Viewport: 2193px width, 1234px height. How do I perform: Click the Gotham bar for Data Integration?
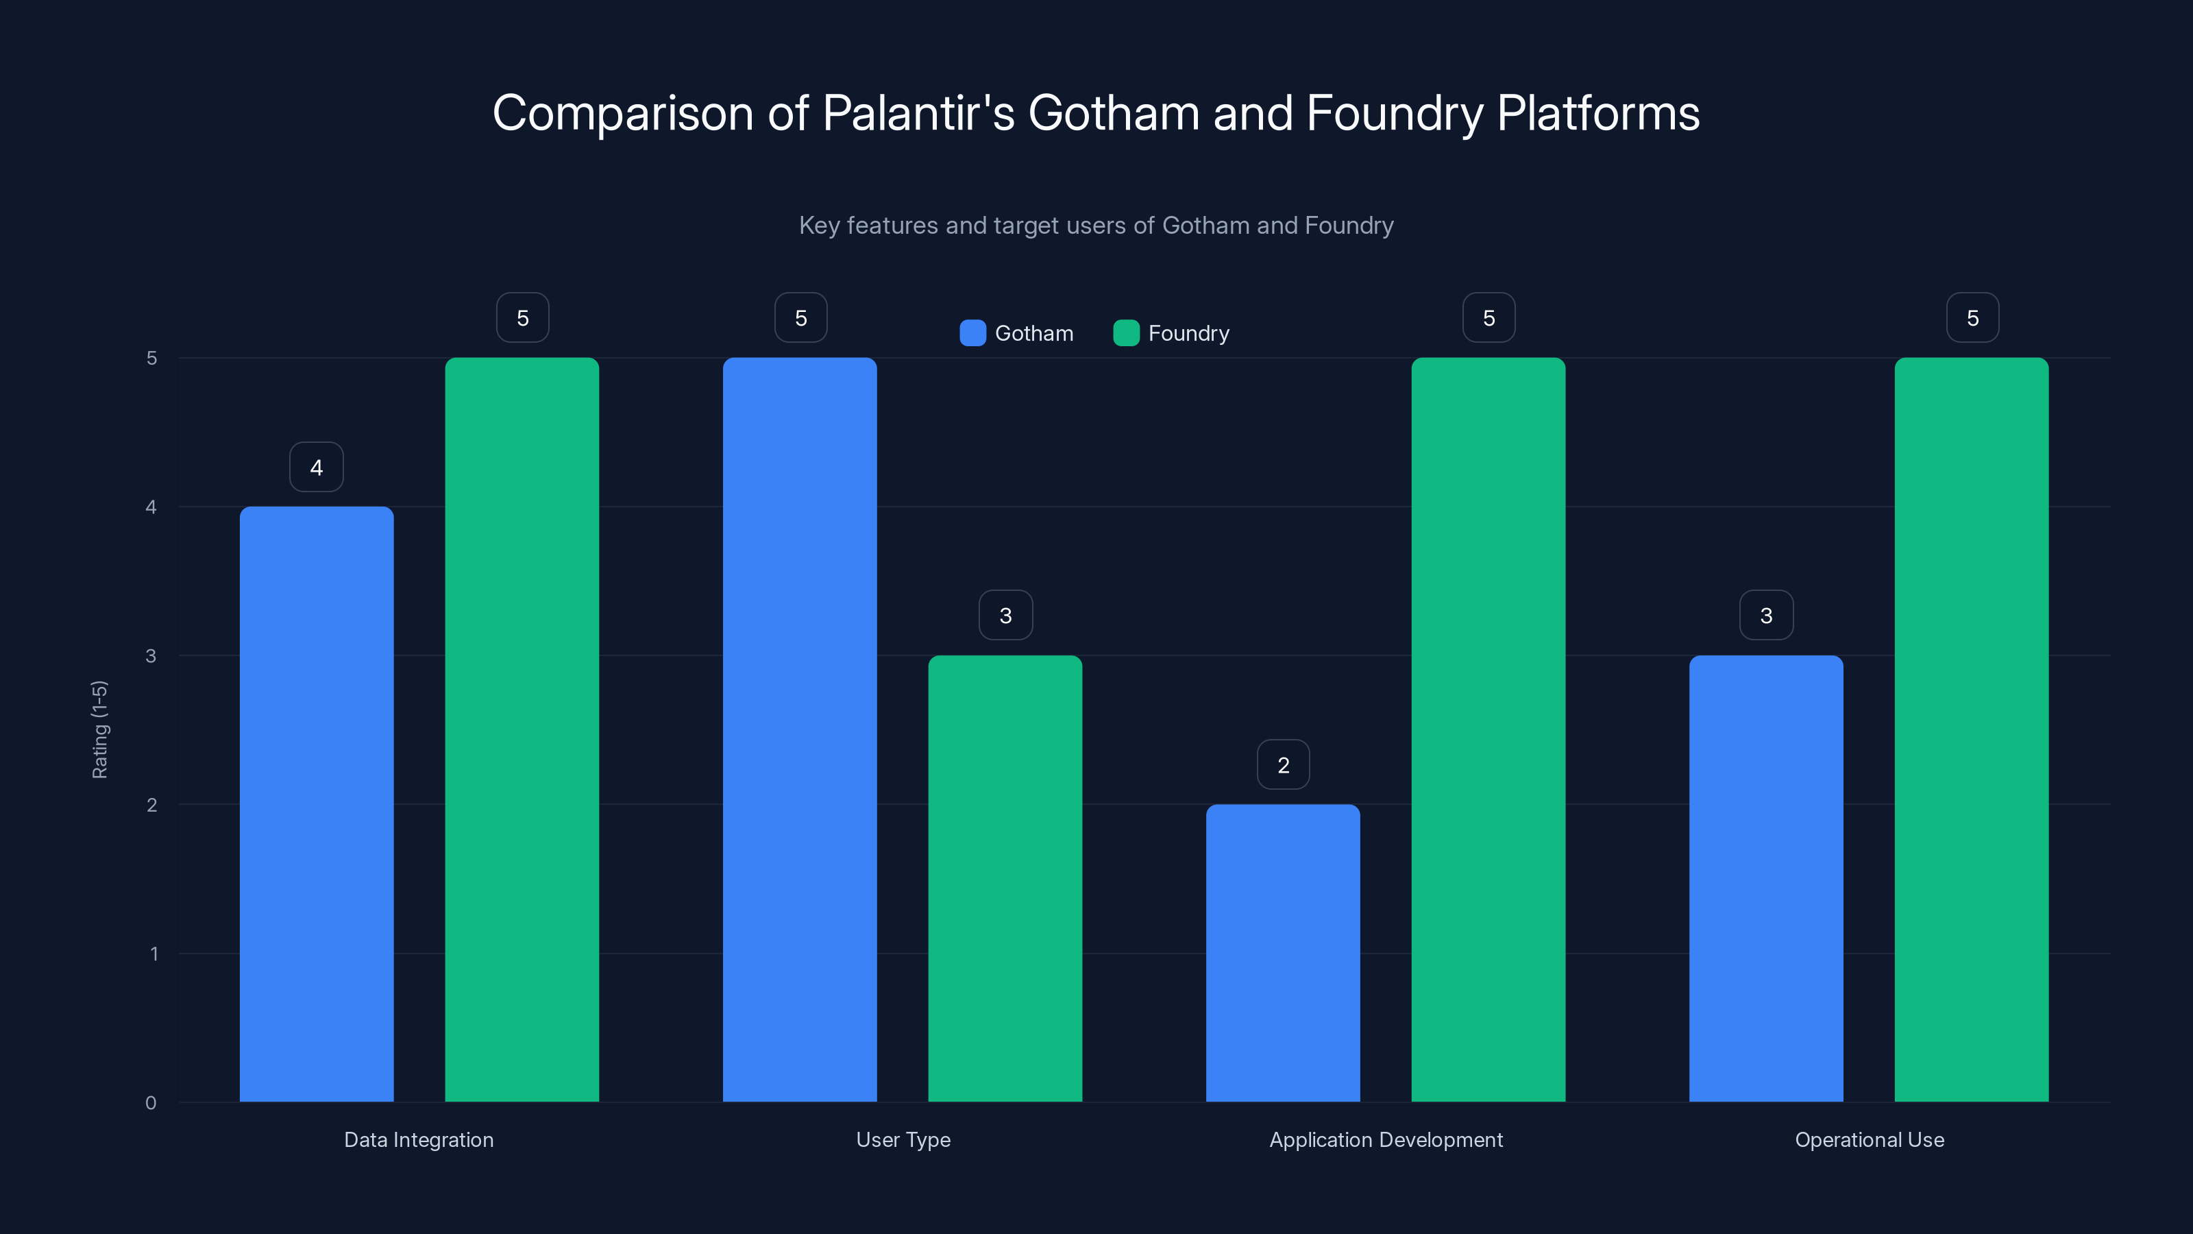pyautogui.click(x=317, y=804)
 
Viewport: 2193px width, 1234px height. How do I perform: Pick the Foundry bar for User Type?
pyautogui.click(x=1005, y=878)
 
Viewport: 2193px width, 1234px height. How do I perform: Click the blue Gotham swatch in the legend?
pyautogui.click(x=972, y=333)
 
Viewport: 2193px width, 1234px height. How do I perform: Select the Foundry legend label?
pyautogui.click(x=1188, y=333)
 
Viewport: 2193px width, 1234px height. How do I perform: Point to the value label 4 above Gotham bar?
pyautogui.click(x=317, y=467)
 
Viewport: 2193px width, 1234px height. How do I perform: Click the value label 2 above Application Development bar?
pyautogui.click(x=1283, y=765)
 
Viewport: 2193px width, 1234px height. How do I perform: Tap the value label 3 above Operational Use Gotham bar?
pyautogui.click(x=1765, y=615)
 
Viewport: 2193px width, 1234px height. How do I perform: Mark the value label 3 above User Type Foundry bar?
pyautogui.click(x=1005, y=615)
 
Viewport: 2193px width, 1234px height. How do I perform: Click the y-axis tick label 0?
pyautogui.click(x=151, y=1103)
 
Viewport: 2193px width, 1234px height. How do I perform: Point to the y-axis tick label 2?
pyautogui.click(x=151, y=805)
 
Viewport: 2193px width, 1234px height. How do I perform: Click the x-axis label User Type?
pyautogui.click(x=903, y=1139)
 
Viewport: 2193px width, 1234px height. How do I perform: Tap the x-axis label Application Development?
pyautogui.click(x=1385, y=1139)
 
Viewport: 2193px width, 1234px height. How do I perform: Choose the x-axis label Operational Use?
pyautogui.click(x=1869, y=1139)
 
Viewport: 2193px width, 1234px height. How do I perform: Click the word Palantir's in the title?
pyautogui.click(x=918, y=113)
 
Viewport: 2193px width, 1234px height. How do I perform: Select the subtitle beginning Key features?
pyautogui.click(x=1096, y=225)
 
